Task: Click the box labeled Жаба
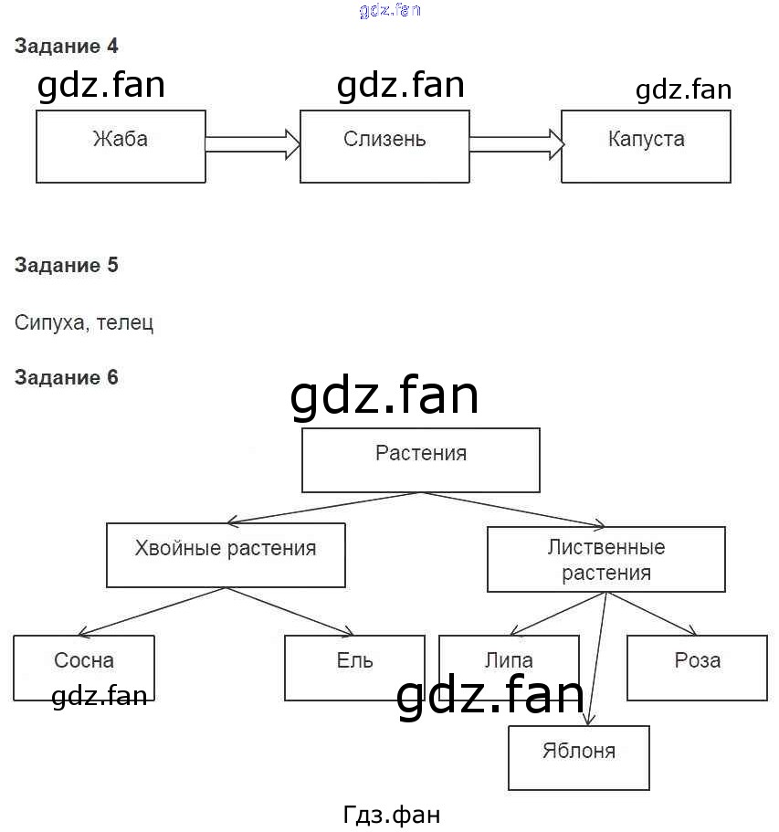coord(121,146)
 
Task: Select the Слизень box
coord(384,146)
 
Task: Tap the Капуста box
coord(646,146)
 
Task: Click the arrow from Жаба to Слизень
coord(253,143)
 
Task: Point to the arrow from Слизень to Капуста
coord(516,143)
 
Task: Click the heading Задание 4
coord(67,46)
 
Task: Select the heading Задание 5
coord(67,266)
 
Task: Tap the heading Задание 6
coord(67,377)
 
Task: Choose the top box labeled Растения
coord(421,460)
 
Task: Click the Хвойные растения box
coord(226,555)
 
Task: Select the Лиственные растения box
coord(606,559)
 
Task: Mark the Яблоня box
coord(579,757)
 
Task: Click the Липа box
coord(509,659)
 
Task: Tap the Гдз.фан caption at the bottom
coord(393,814)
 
